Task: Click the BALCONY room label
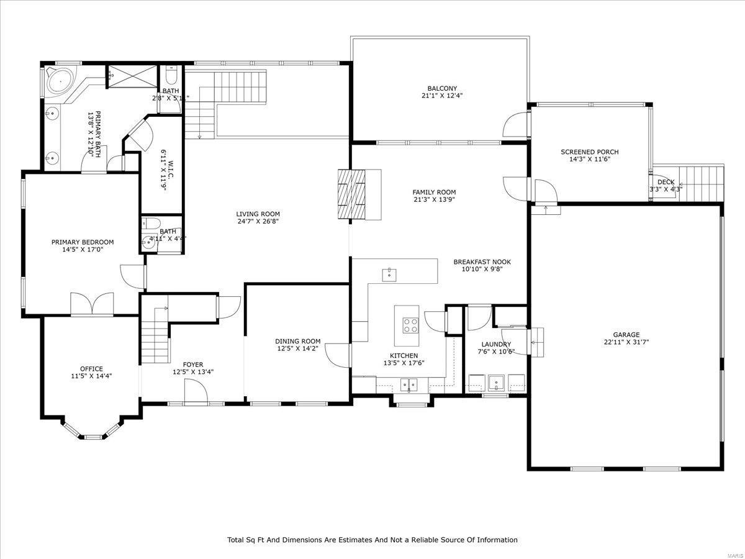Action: click(441, 88)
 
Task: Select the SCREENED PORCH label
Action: click(589, 152)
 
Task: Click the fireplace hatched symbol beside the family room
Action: click(351, 194)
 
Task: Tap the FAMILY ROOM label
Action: click(434, 192)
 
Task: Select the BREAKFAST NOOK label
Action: click(482, 262)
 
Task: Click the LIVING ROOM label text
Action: click(258, 214)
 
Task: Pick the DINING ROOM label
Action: click(298, 341)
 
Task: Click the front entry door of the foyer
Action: click(196, 393)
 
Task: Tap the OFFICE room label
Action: click(91, 368)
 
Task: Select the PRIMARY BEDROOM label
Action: click(83, 242)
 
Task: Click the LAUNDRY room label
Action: click(496, 344)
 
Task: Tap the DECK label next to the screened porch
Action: click(666, 182)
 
